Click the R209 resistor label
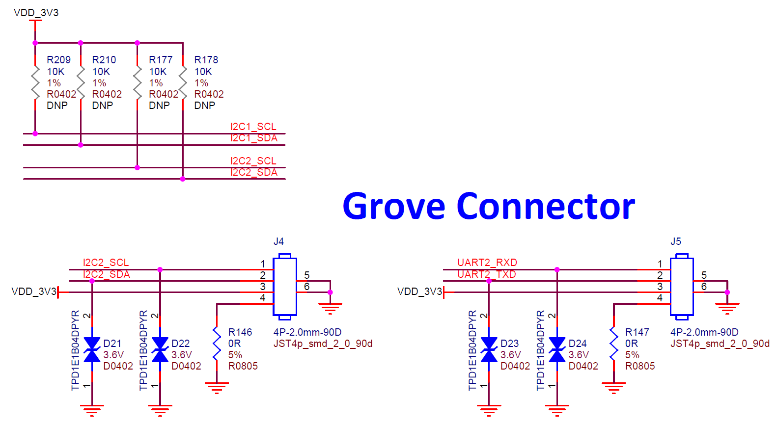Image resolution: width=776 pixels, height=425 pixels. [58, 60]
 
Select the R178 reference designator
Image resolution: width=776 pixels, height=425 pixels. [206, 60]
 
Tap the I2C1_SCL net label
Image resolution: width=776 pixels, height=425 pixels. [253, 127]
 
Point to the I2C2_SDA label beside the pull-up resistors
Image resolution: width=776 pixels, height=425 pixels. [253, 172]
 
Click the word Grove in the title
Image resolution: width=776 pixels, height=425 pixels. [393, 207]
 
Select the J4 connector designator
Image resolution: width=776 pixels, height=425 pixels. [278, 241]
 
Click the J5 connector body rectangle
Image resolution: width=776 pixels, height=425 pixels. [682, 286]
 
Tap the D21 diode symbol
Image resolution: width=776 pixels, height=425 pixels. [92, 350]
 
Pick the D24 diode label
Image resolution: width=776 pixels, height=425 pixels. [578, 344]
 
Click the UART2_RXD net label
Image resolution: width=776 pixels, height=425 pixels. [487, 263]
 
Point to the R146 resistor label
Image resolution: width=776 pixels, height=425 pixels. [240, 332]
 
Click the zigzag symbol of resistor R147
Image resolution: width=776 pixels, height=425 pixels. [613, 344]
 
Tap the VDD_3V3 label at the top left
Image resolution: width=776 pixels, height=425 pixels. [36, 13]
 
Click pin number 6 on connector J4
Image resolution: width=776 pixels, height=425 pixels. [307, 287]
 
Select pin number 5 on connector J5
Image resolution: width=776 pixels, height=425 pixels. [704, 275]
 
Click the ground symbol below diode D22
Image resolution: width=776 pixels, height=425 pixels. [160, 409]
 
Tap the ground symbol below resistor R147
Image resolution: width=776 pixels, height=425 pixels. [613, 388]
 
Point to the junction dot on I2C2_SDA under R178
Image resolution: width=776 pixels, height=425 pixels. [183, 179]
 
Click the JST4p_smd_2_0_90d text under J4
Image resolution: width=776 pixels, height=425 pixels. [323, 344]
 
